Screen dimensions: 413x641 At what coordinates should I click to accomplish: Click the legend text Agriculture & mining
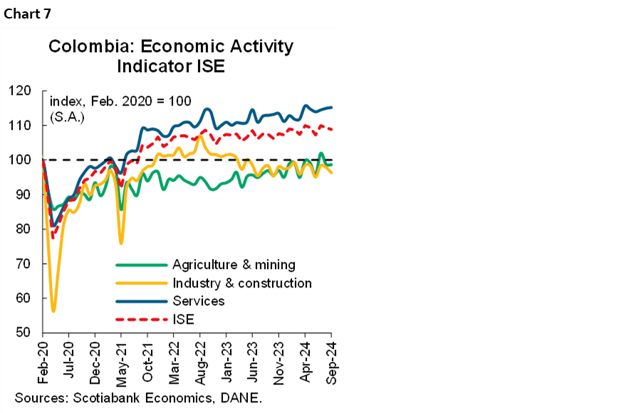[x=234, y=265]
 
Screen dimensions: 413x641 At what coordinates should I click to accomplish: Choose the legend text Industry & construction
[x=241, y=283]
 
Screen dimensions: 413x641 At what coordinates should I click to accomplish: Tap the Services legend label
[x=198, y=301]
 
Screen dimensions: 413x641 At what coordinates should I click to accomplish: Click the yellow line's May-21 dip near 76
[x=121, y=243]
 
